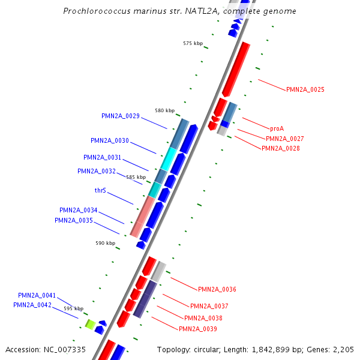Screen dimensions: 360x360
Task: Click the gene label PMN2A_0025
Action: click(x=305, y=89)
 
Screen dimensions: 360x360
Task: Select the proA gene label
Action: click(x=277, y=128)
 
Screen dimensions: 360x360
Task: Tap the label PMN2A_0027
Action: click(x=285, y=139)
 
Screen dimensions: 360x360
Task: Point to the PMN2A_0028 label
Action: click(x=280, y=148)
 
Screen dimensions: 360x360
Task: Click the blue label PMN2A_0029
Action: click(x=121, y=116)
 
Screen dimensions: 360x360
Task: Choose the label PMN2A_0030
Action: click(x=110, y=140)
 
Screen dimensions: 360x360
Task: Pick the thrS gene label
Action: click(x=100, y=190)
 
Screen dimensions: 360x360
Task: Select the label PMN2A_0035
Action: click(x=74, y=220)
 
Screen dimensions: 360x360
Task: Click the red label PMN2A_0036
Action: click(x=217, y=289)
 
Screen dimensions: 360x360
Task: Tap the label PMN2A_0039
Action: click(x=198, y=329)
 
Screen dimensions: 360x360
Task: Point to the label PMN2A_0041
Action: click(x=37, y=295)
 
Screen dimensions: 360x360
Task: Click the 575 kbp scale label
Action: click(x=193, y=43)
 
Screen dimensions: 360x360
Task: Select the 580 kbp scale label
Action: click(x=164, y=110)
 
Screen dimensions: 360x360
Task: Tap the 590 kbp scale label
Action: click(x=105, y=243)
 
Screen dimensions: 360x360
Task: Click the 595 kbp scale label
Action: click(x=74, y=308)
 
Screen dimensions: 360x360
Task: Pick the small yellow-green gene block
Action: click(x=89, y=325)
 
